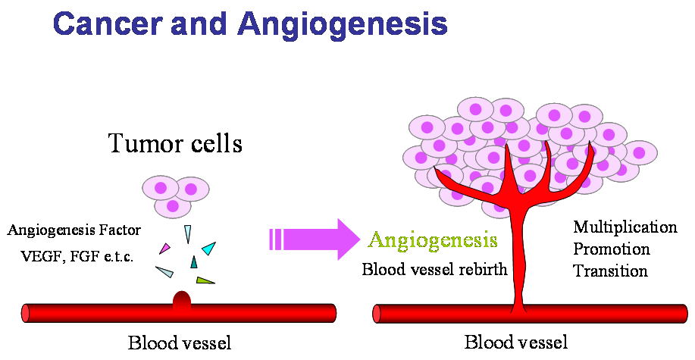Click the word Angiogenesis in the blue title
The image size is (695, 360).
[x=342, y=25]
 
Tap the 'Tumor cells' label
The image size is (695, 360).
[x=175, y=142]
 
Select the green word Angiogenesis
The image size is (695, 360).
[x=433, y=242]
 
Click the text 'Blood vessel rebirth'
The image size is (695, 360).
[x=434, y=268]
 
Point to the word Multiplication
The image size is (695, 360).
[x=625, y=227]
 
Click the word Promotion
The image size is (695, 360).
[x=612, y=249]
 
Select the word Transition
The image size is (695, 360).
[x=610, y=271]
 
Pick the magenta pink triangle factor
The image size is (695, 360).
[x=164, y=248]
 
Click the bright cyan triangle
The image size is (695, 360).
[x=208, y=248]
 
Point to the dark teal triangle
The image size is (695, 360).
[x=194, y=262]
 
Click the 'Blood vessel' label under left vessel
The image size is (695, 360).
[x=179, y=342]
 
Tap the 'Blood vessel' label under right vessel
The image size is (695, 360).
[x=515, y=342]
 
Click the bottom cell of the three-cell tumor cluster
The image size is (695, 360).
[x=173, y=205]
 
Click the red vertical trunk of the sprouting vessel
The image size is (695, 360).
[x=518, y=258]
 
